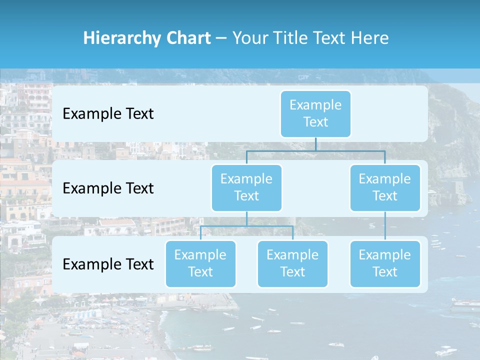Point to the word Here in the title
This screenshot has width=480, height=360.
click(369, 38)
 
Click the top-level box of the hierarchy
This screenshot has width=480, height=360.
click(315, 113)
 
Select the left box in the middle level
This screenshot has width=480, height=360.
click(246, 187)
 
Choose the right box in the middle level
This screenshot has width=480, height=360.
click(385, 187)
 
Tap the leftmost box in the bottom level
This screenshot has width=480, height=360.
click(200, 263)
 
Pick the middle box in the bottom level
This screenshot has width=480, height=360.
click(292, 263)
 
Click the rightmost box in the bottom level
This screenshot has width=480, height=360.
click(385, 263)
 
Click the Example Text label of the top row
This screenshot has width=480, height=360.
click(108, 114)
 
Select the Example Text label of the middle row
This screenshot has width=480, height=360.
click(108, 188)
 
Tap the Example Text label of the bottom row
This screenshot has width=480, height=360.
click(108, 264)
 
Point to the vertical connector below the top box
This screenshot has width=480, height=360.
click(315, 144)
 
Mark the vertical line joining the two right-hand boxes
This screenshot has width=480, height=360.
click(385, 226)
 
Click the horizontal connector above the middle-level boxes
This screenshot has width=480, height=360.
click(315, 150)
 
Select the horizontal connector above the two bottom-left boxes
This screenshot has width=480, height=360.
click(246, 226)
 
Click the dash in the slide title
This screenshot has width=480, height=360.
click(221, 38)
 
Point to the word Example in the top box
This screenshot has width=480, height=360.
click(315, 105)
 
